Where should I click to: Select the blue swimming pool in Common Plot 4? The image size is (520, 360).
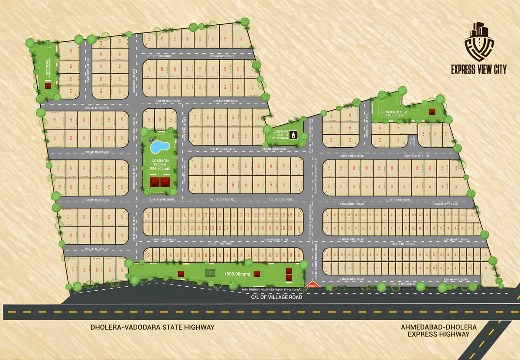(x=159, y=146)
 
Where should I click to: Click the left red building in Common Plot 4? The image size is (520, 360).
(x=154, y=182)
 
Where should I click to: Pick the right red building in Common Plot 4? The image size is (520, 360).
(x=165, y=182)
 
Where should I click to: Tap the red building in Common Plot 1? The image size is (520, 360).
(x=48, y=85)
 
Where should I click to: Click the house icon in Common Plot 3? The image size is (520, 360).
(x=295, y=135)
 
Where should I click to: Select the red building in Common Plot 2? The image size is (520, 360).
(x=432, y=111)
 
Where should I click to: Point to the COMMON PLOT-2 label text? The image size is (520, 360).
(x=393, y=114)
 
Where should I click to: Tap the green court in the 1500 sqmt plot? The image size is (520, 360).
(x=210, y=273)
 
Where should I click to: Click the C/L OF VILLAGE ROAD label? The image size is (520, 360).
(x=277, y=297)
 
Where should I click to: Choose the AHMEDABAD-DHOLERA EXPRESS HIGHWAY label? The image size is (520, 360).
(x=439, y=330)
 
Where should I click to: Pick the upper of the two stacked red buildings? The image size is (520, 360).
(x=289, y=271)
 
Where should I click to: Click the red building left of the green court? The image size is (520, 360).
(x=181, y=273)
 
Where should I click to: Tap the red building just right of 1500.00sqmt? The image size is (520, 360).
(x=257, y=274)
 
